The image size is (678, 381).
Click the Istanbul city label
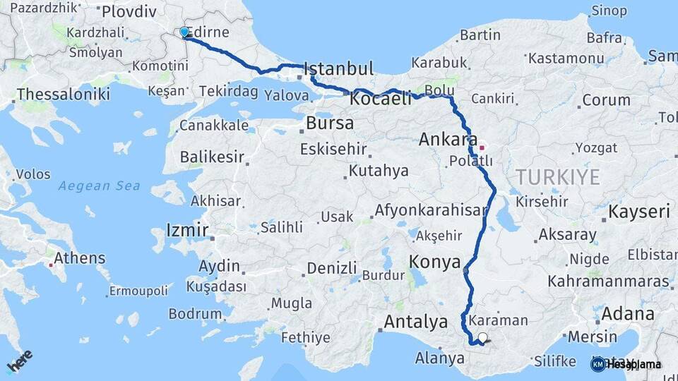[339, 68]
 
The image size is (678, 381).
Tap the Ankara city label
[448, 139]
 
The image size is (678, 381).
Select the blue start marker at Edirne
[184, 32]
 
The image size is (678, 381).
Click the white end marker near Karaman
[483, 338]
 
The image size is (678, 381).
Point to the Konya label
[435, 262]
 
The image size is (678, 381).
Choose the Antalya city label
[415, 322]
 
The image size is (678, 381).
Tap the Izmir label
[186, 230]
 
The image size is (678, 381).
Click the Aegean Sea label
[99, 186]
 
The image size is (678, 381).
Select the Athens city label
[79, 258]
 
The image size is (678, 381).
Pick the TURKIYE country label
[557, 176]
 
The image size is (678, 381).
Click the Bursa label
[330, 123]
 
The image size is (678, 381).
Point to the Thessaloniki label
[63, 94]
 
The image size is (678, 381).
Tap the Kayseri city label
[639, 212]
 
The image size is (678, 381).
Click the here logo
[20, 361]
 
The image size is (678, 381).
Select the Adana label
[629, 313]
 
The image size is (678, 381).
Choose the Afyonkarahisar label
[431, 210]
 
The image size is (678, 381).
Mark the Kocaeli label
[380, 99]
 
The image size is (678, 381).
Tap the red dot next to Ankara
[482, 147]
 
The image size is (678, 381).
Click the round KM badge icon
[597, 364]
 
